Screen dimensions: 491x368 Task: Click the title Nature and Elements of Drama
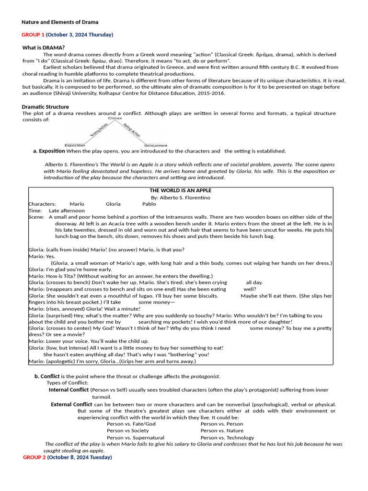pyautogui.click(x=60, y=22)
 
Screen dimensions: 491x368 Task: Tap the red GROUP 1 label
pyautogui.click(x=33, y=35)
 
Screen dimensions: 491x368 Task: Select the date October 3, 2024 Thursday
pyautogui.click(x=80, y=35)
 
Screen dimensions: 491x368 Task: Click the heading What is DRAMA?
pyautogui.click(x=44, y=47)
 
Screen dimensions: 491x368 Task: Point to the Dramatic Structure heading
pyautogui.click(x=45, y=107)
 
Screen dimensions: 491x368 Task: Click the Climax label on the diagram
pyautogui.click(x=115, y=118)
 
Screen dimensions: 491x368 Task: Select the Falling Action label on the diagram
pyautogui.click(x=131, y=131)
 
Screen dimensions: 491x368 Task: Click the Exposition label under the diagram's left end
pyautogui.click(x=75, y=145)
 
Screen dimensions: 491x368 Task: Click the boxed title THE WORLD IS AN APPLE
pyautogui.click(x=180, y=191)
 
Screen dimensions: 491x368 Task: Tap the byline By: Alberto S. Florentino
pyautogui.click(x=180, y=198)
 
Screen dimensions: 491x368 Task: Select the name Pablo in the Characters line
pyautogui.click(x=149, y=204)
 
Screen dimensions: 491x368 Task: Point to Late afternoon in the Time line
pyautogui.click(x=67, y=210)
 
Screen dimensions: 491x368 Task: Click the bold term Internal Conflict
pyautogui.click(x=69, y=390)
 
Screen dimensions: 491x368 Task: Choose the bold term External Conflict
pyautogui.click(x=71, y=404)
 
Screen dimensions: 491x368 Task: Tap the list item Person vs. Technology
pyautogui.click(x=227, y=437)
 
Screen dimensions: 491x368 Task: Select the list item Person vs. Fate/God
pyautogui.click(x=131, y=424)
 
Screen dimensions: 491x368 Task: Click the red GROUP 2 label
pyautogui.click(x=34, y=457)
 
